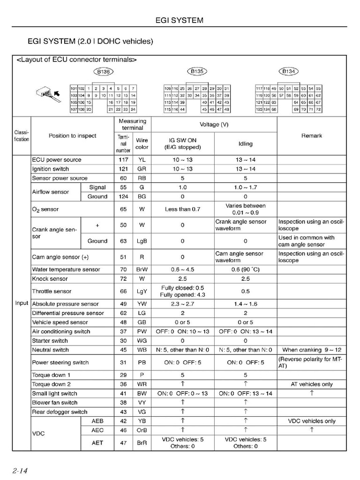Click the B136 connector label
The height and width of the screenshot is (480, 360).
103,72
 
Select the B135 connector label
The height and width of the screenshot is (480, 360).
196,72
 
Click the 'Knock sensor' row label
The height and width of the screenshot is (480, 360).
50,279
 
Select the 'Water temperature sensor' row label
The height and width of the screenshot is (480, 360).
66,270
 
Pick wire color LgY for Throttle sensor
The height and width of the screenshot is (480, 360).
142,291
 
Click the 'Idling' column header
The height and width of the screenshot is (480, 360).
245,144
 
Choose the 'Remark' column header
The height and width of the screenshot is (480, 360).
311,136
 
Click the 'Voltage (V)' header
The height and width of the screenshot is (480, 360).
214,125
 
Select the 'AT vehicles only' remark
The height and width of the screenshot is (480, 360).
311,384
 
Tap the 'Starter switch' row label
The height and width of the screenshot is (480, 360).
50,341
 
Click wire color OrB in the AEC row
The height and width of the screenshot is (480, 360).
142,430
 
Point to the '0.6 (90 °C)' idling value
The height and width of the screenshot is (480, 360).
245,270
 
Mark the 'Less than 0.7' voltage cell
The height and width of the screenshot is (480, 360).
182,209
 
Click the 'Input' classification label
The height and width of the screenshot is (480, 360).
22,303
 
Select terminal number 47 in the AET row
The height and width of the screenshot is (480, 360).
123,442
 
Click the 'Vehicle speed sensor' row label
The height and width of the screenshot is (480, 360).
60,322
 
